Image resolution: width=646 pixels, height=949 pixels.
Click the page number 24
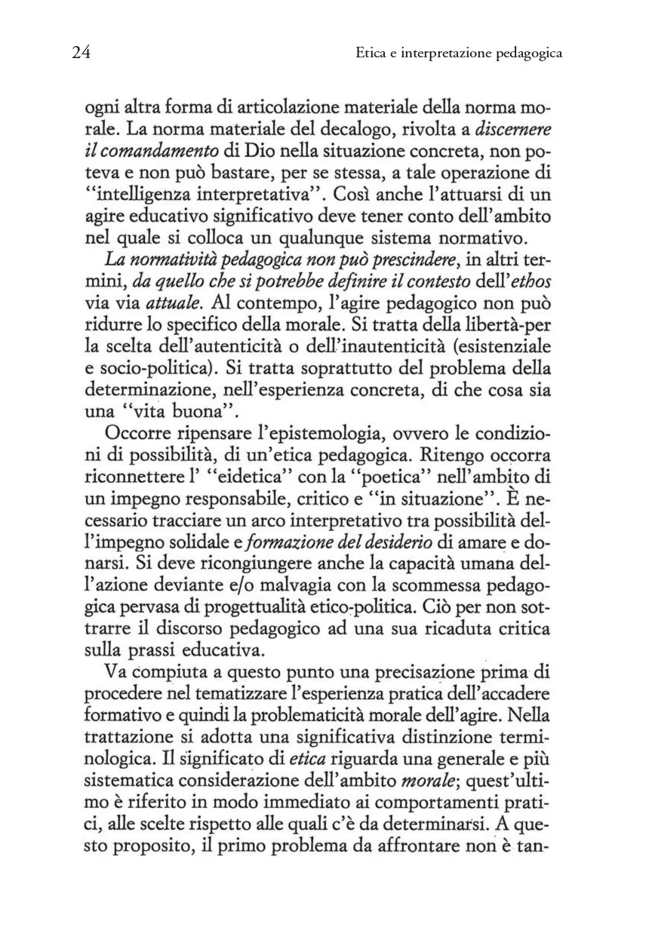pos(82,53)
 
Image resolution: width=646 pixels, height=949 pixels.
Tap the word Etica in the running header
pos(372,54)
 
